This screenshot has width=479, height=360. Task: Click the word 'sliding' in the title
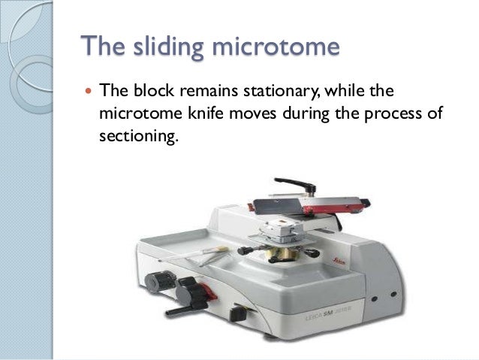[x=165, y=47]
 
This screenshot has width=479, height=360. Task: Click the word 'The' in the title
[x=103, y=47]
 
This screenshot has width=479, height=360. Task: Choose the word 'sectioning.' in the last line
[x=140, y=140]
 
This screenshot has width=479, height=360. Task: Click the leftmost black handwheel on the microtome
[x=159, y=282]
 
